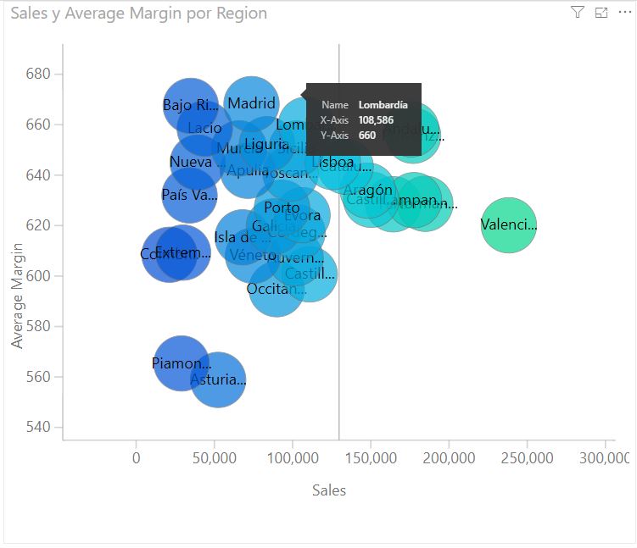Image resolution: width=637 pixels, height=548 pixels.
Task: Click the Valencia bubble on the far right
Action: [x=509, y=224]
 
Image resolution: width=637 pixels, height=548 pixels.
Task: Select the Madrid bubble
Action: [x=252, y=103]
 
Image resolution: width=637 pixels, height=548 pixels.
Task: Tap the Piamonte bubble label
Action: [x=181, y=363]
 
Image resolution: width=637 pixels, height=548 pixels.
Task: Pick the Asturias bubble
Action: [x=218, y=380]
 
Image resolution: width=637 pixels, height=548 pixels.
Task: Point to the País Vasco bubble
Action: [x=189, y=196]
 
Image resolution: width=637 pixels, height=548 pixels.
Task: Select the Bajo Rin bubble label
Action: [x=190, y=105]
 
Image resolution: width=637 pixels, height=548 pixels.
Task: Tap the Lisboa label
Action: [x=332, y=162]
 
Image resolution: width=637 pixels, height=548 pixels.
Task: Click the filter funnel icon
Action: [x=578, y=13]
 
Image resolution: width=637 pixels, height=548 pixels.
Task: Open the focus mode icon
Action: [x=601, y=13]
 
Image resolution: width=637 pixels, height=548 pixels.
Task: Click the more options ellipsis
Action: [x=624, y=13]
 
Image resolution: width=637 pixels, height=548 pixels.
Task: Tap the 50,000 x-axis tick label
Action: [x=215, y=458]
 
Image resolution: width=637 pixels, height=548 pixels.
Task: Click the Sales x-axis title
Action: [x=329, y=490]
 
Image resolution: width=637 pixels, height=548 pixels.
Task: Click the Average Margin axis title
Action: [x=17, y=296]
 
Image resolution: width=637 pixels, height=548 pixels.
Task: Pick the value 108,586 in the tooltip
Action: [x=376, y=120]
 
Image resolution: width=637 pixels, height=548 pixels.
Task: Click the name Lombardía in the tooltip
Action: [x=383, y=105]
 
